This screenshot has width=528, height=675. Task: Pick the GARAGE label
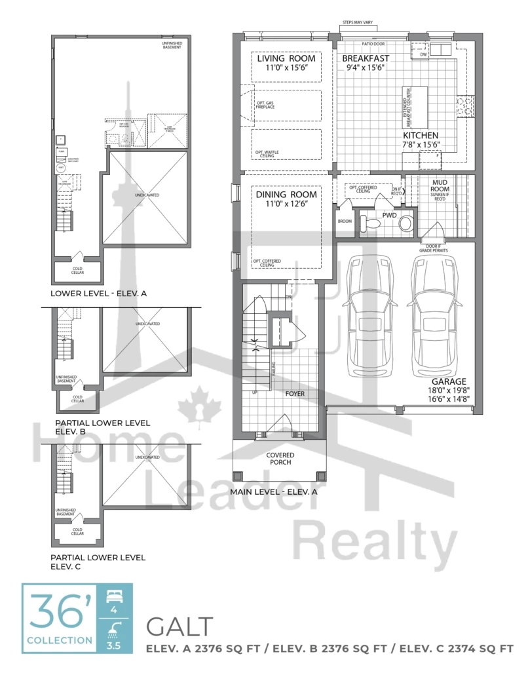click(448, 381)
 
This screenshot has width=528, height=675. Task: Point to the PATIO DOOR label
click(374, 45)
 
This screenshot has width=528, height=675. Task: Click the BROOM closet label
click(345, 221)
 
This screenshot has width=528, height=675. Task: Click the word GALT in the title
click(179, 627)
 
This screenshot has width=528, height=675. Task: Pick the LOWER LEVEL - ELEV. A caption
click(98, 294)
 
